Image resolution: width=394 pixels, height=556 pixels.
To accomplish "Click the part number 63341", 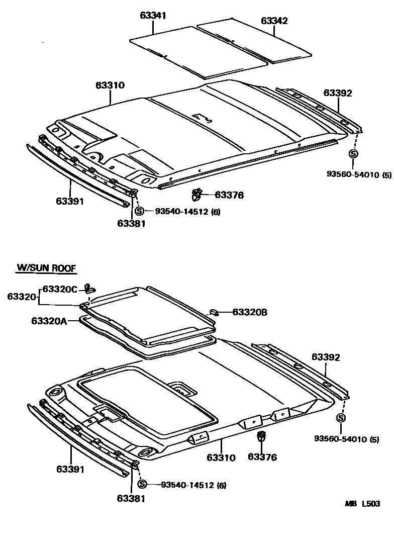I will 153,15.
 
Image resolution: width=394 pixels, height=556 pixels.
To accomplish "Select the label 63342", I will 274,21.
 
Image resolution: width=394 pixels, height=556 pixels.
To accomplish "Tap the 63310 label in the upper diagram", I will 110,85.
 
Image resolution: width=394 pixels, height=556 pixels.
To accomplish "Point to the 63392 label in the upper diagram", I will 338,93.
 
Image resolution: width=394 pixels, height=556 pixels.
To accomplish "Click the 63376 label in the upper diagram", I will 229,195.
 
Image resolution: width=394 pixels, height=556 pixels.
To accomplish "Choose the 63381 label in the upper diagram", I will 131,224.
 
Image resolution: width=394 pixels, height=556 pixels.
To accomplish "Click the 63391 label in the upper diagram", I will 70,202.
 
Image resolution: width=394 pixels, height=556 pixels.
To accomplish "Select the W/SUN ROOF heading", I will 46,268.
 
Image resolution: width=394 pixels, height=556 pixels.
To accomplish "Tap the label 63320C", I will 60,289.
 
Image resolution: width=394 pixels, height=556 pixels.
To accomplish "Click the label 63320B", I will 249,312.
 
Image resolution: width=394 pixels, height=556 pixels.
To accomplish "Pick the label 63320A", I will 49,321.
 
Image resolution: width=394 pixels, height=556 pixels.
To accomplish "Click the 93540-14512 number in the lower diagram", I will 187,485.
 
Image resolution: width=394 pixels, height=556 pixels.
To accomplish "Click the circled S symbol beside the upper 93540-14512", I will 140,212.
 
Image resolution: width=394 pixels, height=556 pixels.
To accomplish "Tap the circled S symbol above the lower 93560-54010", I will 341,418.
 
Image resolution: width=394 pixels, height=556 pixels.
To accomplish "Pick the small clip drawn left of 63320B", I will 214,312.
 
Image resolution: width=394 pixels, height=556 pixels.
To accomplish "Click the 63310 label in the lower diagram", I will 221,457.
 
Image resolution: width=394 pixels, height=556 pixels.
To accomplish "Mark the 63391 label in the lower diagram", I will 70,469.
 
